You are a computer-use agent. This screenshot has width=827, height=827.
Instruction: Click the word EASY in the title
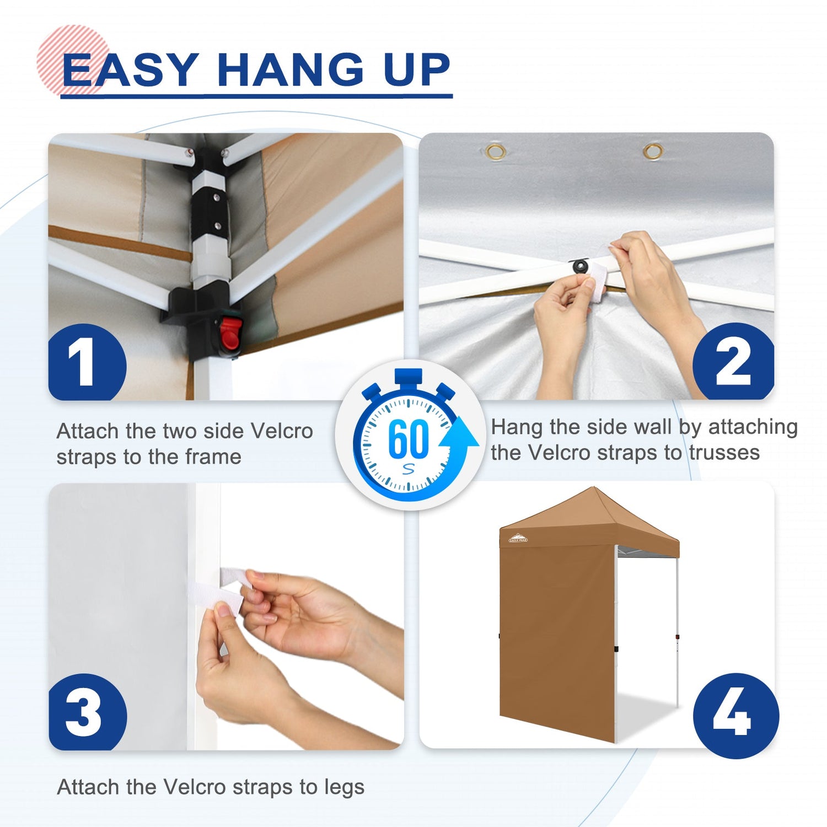tap(130, 70)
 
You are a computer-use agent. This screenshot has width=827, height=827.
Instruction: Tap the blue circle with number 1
tap(87, 363)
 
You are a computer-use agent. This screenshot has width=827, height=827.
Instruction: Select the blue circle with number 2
tap(733, 362)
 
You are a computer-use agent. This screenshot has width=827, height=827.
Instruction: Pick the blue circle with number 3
tap(88, 712)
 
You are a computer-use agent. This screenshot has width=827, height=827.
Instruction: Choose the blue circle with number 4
tap(735, 716)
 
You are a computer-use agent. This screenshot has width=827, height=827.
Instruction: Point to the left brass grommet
tap(496, 151)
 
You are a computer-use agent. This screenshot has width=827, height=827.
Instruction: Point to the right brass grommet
tap(653, 151)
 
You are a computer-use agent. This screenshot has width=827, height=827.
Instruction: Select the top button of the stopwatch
tap(409, 377)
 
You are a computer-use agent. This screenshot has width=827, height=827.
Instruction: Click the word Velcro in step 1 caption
tap(282, 431)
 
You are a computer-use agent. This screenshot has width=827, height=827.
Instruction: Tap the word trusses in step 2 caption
tap(724, 453)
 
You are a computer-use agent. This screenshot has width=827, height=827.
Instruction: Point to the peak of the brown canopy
tap(593, 487)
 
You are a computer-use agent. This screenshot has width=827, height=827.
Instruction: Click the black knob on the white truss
tap(581, 266)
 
